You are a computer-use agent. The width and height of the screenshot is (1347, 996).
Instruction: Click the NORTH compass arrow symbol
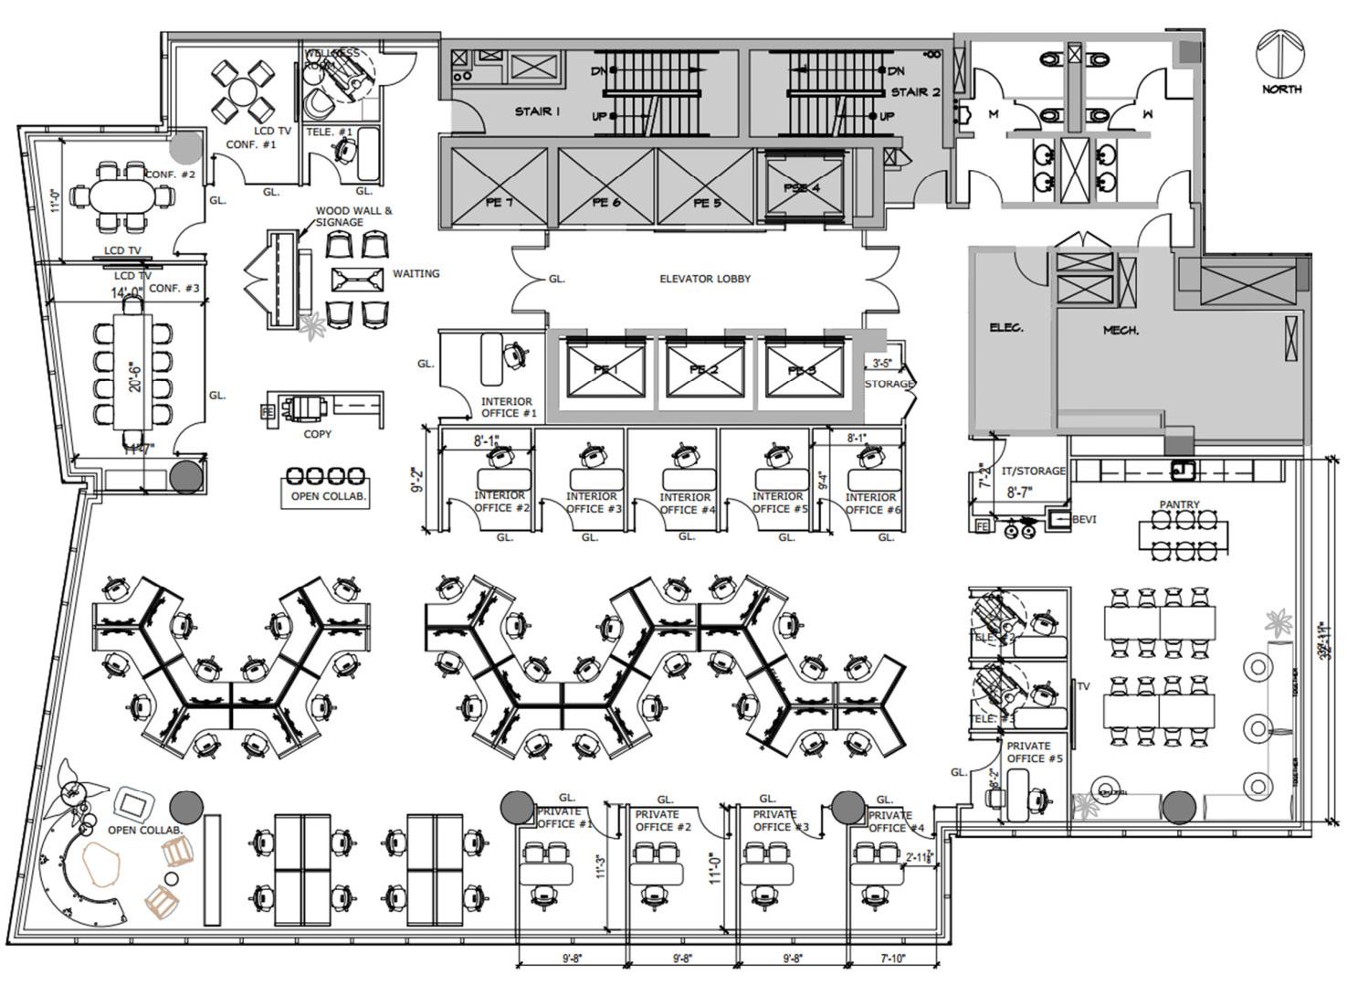pyautogui.click(x=1281, y=54)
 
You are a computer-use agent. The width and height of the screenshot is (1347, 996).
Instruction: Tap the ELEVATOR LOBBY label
pyautogui.click(x=705, y=279)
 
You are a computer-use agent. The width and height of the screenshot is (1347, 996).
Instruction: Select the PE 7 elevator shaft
pyautogui.click(x=499, y=187)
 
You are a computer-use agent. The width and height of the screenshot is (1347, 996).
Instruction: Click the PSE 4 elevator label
pyautogui.click(x=802, y=188)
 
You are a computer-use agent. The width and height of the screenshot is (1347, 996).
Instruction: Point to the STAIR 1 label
pyautogui.click(x=537, y=111)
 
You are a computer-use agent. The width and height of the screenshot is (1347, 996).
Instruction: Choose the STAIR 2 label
pyautogui.click(x=915, y=92)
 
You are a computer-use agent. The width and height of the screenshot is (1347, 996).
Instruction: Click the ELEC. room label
pyautogui.click(x=1005, y=327)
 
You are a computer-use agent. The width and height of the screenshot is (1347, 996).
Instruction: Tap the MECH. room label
pyautogui.click(x=1121, y=330)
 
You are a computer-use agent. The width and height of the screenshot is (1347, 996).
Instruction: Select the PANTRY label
pyautogui.click(x=1179, y=504)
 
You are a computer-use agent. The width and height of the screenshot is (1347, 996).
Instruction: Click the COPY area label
pyautogui.click(x=317, y=434)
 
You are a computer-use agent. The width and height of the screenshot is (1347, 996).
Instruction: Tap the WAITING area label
pyautogui.click(x=416, y=273)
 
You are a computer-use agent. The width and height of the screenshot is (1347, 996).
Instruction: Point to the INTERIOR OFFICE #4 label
pyautogui.click(x=685, y=503)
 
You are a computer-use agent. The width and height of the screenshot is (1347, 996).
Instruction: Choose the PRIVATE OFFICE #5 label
pyautogui.click(x=1034, y=752)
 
